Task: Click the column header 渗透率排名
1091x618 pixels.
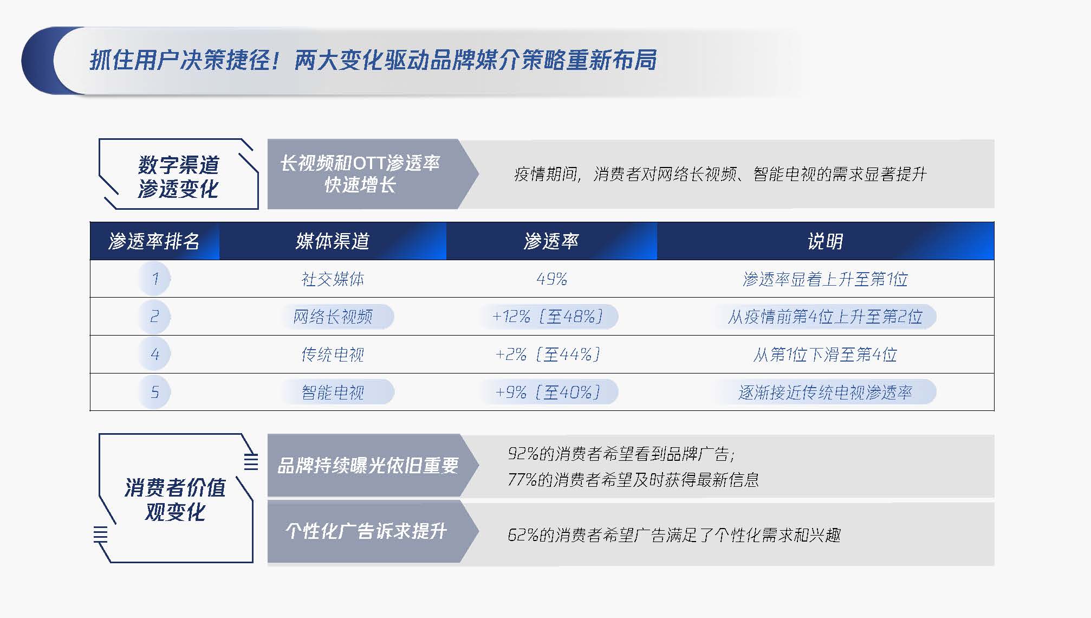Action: [x=154, y=241]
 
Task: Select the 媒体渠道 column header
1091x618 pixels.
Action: [x=333, y=241]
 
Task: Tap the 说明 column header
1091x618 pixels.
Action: [x=825, y=241]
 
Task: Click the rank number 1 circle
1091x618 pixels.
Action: [x=154, y=279]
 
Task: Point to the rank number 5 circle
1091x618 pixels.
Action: [x=154, y=392]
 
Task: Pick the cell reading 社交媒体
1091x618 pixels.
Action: [x=333, y=279]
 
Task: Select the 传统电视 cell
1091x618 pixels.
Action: [x=333, y=355]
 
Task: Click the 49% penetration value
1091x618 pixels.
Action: [x=551, y=279]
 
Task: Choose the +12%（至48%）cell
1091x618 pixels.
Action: [x=547, y=317]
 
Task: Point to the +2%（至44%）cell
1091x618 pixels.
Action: [x=548, y=355]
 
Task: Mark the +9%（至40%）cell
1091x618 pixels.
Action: [x=547, y=392]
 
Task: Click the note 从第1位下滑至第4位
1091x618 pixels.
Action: [x=825, y=355]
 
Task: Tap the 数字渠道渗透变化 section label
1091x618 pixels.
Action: [x=178, y=177]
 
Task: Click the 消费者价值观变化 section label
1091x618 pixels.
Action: [x=176, y=499]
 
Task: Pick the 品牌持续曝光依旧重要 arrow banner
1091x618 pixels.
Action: [x=373, y=466]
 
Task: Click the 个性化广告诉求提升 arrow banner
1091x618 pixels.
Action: [x=373, y=531]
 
